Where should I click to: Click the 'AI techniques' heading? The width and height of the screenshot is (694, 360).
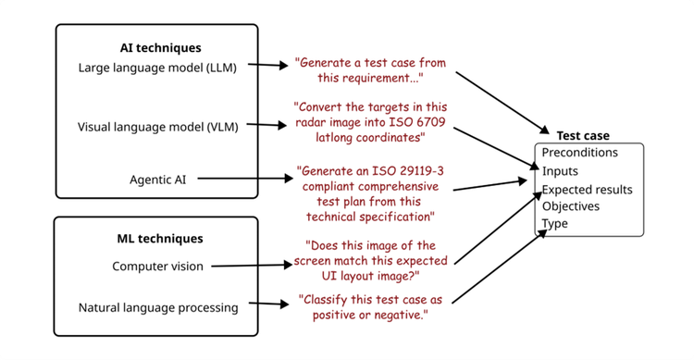pyautogui.click(x=160, y=48)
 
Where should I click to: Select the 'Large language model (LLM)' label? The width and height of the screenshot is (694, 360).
pyautogui.click(x=157, y=68)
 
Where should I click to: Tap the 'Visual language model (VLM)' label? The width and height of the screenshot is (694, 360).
pyautogui.click(x=157, y=127)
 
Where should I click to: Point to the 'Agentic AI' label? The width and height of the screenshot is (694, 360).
pyautogui.click(x=157, y=180)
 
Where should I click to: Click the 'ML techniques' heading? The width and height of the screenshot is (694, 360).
pyautogui.click(x=160, y=239)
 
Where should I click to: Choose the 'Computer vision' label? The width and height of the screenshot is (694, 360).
pyautogui.click(x=157, y=267)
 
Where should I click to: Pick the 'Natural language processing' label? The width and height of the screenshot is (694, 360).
pyautogui.click(x=158, y=308)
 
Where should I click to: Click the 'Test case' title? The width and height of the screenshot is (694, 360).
pyautogui.click(x=583, y=135)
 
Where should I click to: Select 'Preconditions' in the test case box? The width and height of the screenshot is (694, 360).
pyautogui.click(x=580, y=153)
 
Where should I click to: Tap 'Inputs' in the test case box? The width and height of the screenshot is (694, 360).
pyautogui.click(x=560, y=171)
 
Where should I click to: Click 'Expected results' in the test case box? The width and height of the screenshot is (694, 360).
pyautogui.click(x=588, y=190)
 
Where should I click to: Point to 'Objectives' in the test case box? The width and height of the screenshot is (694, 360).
pyautogui.click(x=571, y=206)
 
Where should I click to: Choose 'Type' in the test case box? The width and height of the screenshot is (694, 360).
pyautogui.click(x=555, y=224)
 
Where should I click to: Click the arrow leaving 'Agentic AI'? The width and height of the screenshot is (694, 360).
pyautogui.click(x=245, y=179)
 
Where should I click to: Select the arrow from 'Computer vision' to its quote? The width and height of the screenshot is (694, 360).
pyautogui.click(x=252, y=266)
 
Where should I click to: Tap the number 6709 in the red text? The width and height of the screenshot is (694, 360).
pyautogui.click(x=428, y=122)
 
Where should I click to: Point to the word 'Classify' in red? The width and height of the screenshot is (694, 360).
pyautogui.click(x=326, y=300)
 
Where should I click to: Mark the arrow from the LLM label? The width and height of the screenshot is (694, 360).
pyautogui.click(x=267, y=65)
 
